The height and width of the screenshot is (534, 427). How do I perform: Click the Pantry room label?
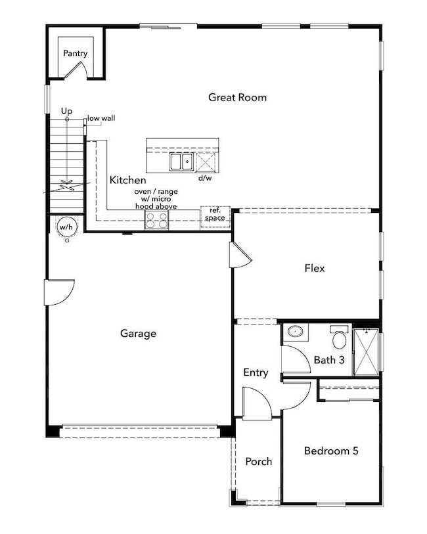[76, 53]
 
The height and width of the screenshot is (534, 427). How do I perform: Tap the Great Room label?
[237, 97]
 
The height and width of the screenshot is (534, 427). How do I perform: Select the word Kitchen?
[127, 180]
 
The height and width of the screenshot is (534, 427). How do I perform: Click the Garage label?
[138, 333]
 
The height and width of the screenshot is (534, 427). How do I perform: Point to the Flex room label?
[315, 269]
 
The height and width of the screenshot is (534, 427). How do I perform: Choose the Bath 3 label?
[329, 360]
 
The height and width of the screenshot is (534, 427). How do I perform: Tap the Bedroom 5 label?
[331, 451]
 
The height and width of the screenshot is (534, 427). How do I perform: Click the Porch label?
[259, 462]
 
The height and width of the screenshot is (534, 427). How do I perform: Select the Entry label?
[256, 372]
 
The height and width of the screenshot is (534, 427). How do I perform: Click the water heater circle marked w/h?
[66, 227]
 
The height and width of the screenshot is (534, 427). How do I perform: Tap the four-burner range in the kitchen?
[156, 219]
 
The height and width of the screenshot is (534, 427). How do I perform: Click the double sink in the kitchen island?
[181, 162]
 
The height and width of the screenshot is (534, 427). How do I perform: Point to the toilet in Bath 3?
[339, 337]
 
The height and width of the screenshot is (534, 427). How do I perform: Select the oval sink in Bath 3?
[295, 331]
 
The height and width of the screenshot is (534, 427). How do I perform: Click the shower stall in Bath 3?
[366, 352]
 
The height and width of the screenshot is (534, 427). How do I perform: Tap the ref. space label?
[215, 214]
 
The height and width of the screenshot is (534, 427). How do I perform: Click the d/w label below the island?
[205, 178]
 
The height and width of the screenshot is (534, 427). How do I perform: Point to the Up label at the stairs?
[67, 111]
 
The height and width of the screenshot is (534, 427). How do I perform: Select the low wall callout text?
[101, 118]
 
